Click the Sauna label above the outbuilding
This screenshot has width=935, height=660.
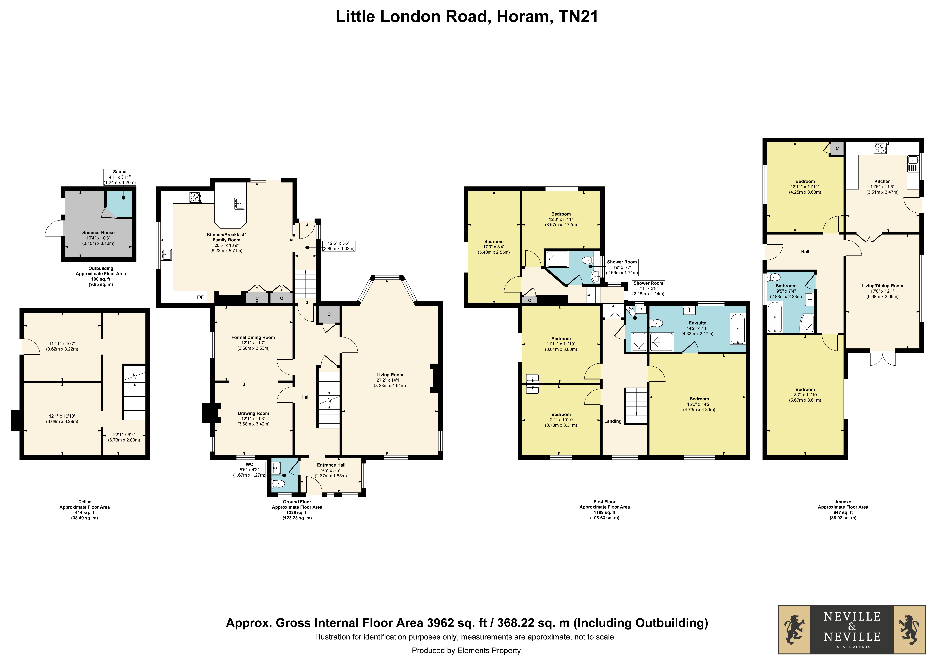(x=120, y=172)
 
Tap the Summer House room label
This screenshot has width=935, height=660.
(x=99, y=233)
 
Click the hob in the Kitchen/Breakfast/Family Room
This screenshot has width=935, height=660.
(x=195, y=197)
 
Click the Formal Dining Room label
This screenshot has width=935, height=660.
(x=253, y=337)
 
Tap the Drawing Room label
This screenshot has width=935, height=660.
(x=253, y=413)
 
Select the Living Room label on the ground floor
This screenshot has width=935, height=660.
(x=390, y=375)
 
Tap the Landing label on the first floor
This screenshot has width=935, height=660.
(x=613, y=421)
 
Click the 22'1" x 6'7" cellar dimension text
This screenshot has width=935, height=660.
(x=124, y=435)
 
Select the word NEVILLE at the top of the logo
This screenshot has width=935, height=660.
(x=852, y=616)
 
